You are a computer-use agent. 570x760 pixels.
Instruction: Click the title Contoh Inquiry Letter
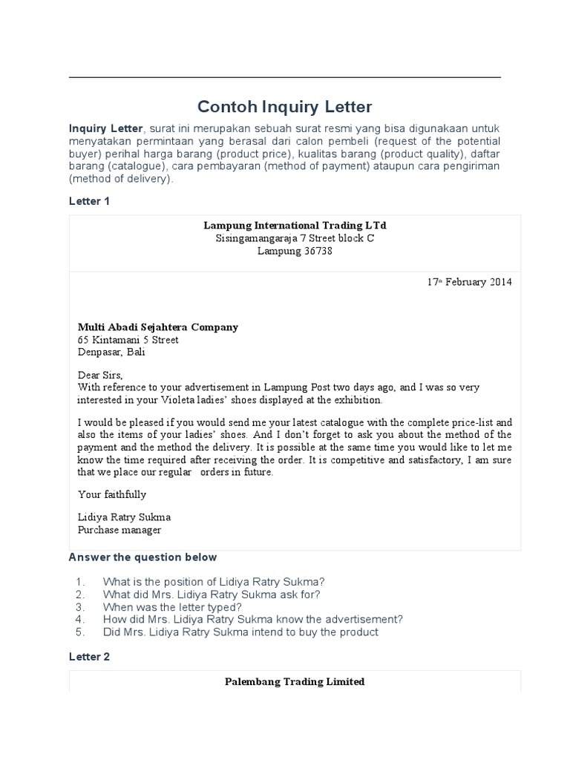click(x=284, y=106)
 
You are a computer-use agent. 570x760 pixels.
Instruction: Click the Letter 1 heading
click(x=89, y=201)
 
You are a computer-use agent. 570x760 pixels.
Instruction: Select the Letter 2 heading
click(x=89, y=657)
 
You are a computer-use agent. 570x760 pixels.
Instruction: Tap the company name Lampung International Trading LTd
click(x=295, y=225)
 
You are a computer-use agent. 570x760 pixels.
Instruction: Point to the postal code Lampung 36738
click(x=295, y=251)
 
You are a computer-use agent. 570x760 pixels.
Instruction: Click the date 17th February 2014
click(x=469, y=282)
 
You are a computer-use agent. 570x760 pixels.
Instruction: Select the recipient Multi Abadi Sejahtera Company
click(x=158, y=327)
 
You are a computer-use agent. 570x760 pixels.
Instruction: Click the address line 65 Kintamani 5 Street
click(x=128, y=340)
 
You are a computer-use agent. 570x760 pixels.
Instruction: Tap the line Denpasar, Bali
click(x=111, y=353)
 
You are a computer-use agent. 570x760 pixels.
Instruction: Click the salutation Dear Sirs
click(x=100, y=375)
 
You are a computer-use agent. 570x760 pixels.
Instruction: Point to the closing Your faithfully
click(x=112, y=494)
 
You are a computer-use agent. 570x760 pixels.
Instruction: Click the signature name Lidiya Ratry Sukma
click(x=124, y=517)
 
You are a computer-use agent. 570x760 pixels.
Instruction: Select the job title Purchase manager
click(x=119, y=530)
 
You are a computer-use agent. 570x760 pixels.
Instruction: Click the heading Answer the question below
click(x=142, y=557)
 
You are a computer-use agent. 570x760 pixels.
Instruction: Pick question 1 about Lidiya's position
click(x=214, y=581)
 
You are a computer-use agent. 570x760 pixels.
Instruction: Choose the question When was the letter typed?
click(x=172, y=606)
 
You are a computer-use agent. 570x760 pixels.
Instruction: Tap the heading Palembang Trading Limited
click(x=295, y=681)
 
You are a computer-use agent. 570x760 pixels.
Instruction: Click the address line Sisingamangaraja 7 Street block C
click(x=295, y=238)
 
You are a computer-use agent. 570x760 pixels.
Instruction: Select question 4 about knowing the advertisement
click(x=252, y=619)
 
